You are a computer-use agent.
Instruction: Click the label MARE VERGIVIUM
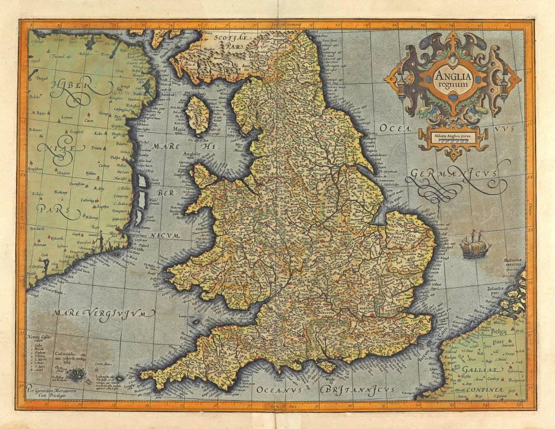[103, 313]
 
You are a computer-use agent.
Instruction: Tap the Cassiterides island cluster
[76, 375]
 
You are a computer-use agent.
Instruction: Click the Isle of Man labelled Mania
[196, 115]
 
